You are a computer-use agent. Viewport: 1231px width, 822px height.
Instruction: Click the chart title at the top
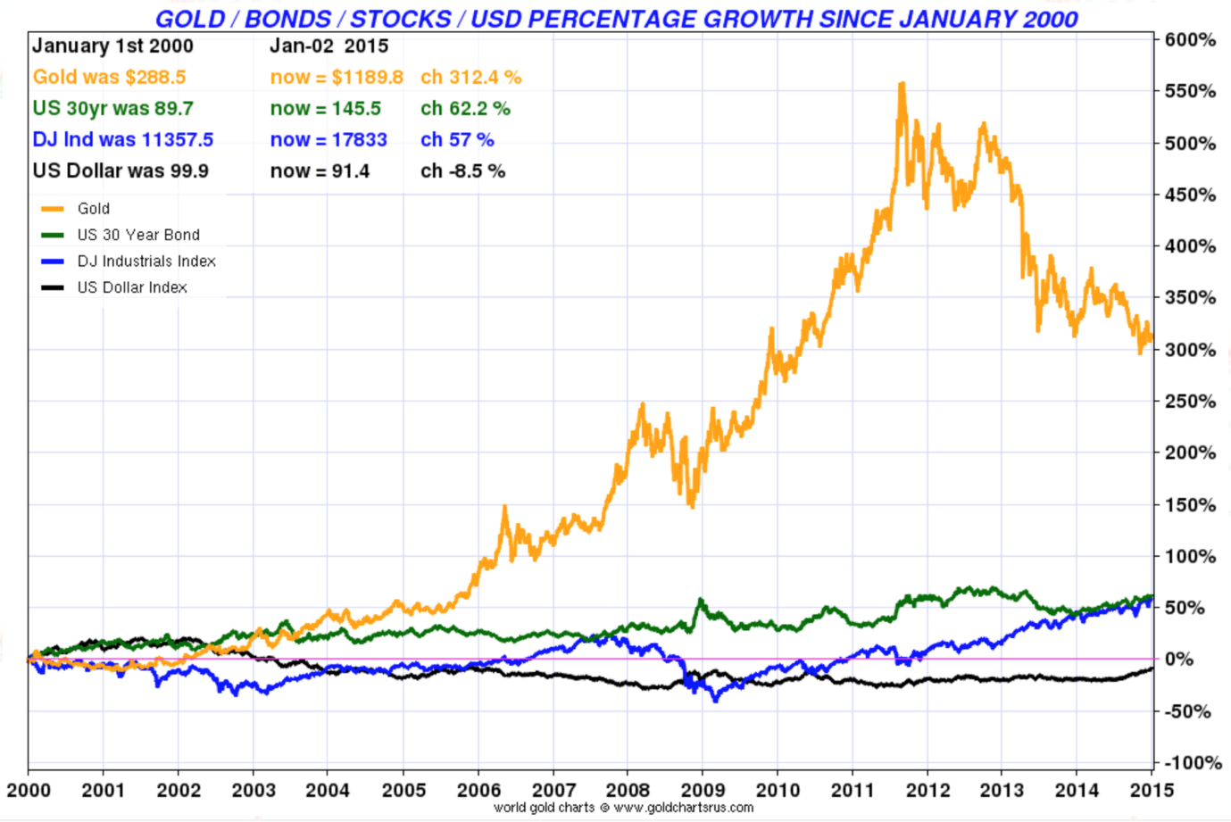pos(616,19)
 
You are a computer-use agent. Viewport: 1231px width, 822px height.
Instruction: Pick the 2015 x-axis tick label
pos(1152,790)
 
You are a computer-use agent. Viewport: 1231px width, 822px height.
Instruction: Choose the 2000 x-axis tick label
pos(29,790)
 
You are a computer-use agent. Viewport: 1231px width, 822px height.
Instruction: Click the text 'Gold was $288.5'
pos(109,78)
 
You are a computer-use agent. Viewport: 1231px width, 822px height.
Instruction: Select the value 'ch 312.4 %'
pos(470,78)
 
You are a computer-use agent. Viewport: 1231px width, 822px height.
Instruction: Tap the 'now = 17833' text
pos(329,140)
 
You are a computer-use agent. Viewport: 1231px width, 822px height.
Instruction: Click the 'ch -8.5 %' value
pos(462,171)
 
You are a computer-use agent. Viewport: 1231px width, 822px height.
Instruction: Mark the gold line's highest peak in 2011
pos(902,84)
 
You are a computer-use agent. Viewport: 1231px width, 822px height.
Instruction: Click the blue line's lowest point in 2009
pos(715,700)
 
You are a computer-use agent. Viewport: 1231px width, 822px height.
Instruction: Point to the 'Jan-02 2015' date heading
pos(329,46)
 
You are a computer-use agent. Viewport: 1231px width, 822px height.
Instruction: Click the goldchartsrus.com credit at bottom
pos(623,808)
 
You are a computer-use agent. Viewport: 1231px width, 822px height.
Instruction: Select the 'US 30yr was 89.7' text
pos(112,109)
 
